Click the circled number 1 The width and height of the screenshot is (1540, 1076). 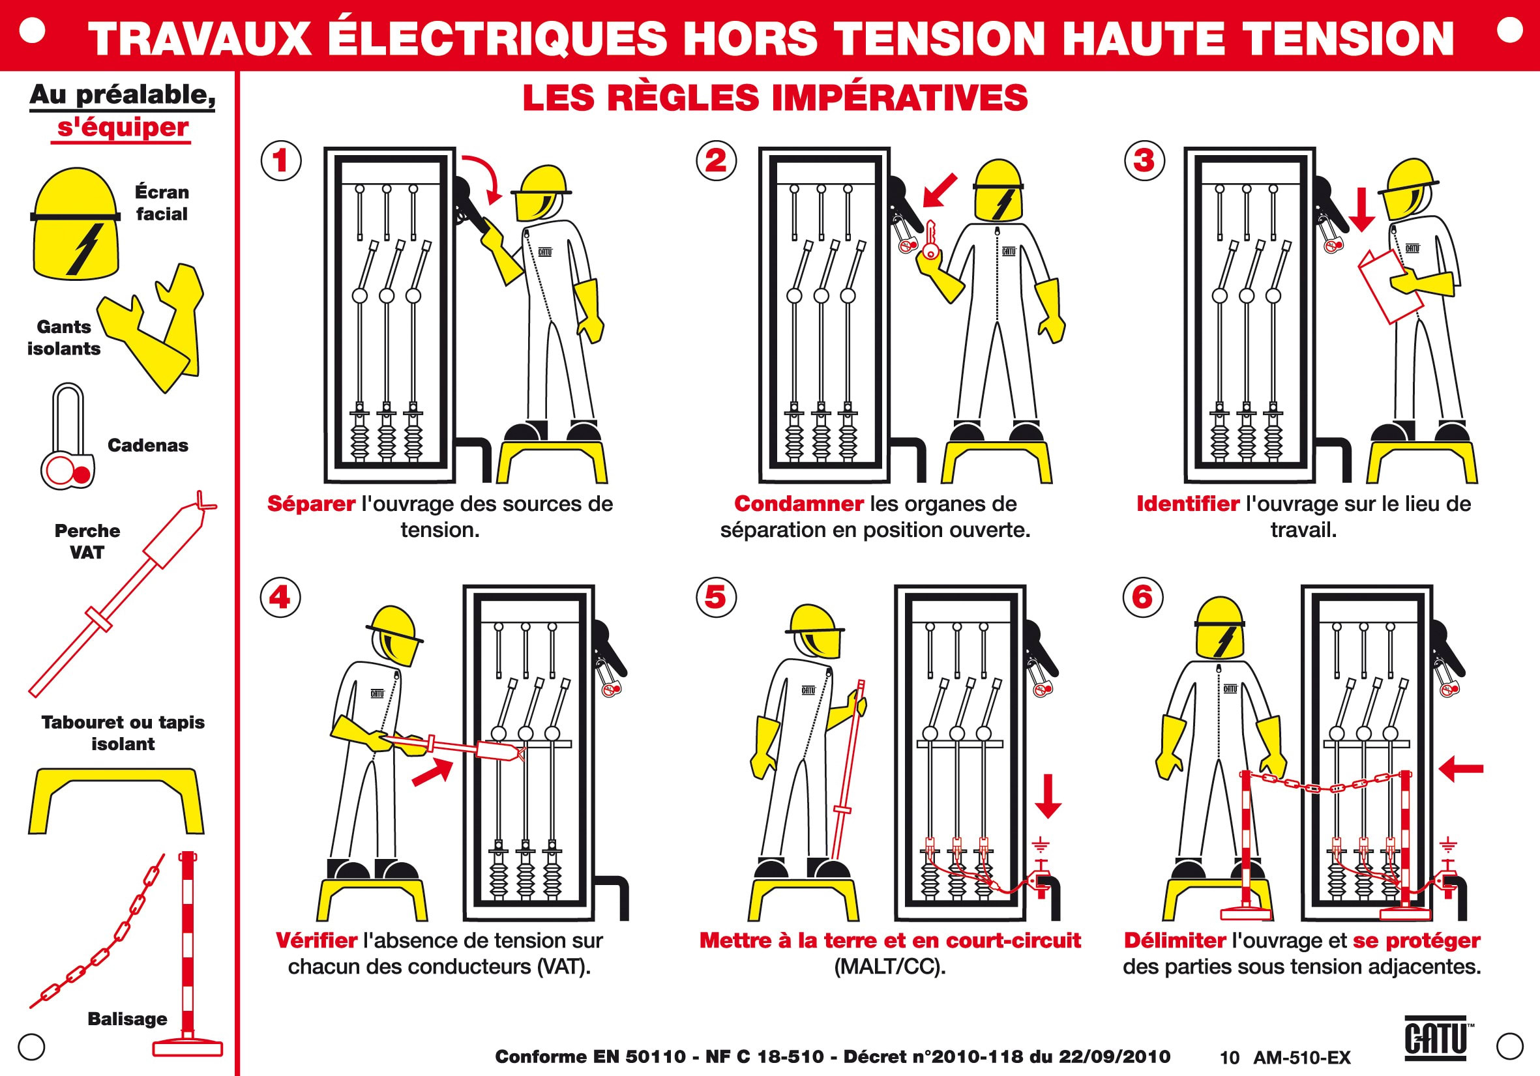coord(280,160)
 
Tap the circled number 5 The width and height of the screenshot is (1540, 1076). coord(716,598)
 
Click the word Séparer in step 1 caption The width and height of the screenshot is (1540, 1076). coord(311,504)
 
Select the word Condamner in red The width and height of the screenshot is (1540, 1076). coord(798,504)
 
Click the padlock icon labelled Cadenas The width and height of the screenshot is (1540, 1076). coord(68,439)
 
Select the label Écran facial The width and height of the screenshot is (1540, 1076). coord(162,203)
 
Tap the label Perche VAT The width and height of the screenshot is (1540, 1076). coord(87,541)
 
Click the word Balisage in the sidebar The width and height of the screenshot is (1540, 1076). coord(127,1019)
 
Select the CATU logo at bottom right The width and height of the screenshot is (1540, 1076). coord(1437,1038)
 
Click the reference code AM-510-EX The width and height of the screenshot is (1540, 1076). coord(1301,1058)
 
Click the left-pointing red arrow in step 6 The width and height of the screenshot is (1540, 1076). coord(1461,768)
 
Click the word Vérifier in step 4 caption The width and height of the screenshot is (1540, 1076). coord(316,940)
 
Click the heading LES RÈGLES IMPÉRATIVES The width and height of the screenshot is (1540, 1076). coord(775,98)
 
